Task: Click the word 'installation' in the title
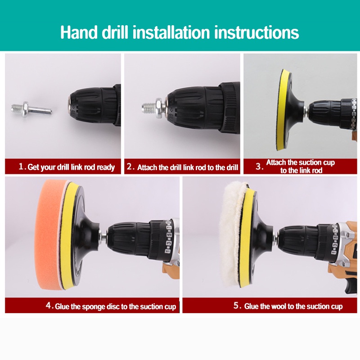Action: pos(171,32)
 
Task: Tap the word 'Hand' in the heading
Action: pos(79,32)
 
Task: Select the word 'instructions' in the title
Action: pos(256,32)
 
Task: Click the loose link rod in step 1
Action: pos(31,109)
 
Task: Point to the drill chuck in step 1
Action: pos(94,106)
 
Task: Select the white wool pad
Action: pos(231,233)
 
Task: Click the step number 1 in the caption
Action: pos(21,166)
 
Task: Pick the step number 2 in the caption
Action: pos(130,166)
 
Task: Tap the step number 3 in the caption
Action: pos(258,166)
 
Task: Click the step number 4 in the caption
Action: pos(49,306)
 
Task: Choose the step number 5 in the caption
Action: pos(237,305)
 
